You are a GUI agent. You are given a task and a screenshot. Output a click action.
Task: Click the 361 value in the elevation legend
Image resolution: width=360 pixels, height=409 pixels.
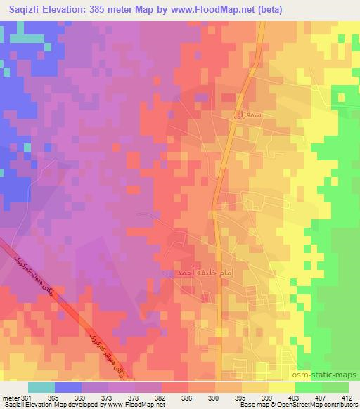tap(28, 397)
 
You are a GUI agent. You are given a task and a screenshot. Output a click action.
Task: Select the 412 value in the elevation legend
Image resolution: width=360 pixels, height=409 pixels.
tap(344, 397)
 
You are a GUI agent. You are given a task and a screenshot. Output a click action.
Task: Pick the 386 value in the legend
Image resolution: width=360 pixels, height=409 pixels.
tap(185, 397)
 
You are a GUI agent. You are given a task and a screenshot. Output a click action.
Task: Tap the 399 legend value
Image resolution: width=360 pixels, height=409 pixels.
tap(264, 397)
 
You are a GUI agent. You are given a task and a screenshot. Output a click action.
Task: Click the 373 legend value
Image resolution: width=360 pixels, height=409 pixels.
tap(106, 397)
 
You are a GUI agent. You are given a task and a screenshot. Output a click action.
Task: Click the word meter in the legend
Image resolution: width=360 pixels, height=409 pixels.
tap(11, 397)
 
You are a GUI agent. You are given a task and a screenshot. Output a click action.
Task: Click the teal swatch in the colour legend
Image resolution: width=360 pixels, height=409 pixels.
tap(41, 387)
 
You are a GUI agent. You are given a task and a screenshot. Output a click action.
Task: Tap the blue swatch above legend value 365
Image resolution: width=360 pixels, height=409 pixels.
tap(67, 387)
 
